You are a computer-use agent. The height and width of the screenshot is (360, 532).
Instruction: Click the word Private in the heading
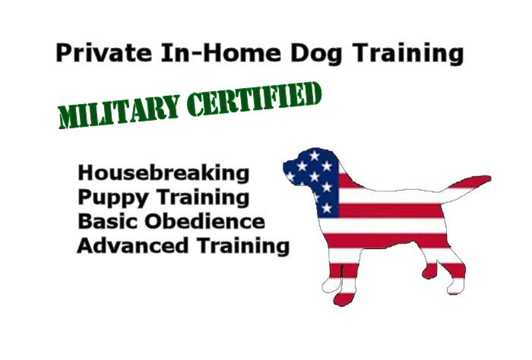[104, 53]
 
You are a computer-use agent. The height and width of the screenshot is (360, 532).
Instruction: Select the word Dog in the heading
[316, 54]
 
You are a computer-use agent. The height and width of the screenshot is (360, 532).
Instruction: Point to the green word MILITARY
[119, 112]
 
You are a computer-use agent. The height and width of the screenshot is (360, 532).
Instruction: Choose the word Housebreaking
[163, 173]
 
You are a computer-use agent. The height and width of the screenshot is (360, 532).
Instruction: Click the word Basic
[108, 221]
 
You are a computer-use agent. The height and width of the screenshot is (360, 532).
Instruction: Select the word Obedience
[205, 221]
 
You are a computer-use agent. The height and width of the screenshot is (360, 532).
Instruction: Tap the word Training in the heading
[407, 54]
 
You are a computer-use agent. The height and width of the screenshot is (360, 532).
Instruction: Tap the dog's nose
[285, 165]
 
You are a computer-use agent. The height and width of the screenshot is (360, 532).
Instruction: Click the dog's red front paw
[344, 298]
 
